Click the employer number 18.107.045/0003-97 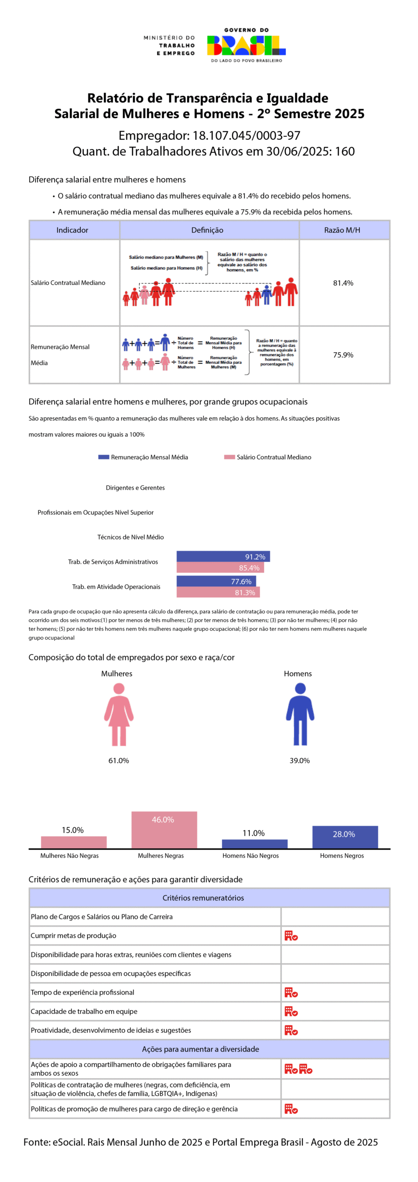(x=246, y=135)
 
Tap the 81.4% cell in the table (x=343, y=283)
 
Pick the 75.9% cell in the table (x=343, y=355)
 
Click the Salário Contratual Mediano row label (x=68, y=283)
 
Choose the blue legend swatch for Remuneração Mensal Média (x=103, y=457)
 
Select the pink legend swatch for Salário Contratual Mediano (x=229, y=457)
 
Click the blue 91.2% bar (x=223, y=556)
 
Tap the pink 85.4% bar (x=220, y=568)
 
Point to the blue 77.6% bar (x=216, y=581)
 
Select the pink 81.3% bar (x=218, y=592)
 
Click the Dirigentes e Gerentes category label (x=135, y=488)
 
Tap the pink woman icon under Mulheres (x=119, y=714)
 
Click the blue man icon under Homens (x=300, y=714)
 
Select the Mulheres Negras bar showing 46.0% (x=164, y=830)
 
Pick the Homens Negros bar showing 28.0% (x=345, y=837)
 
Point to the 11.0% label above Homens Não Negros (x=254, y=833)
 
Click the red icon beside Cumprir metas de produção (x=291, y=936)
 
